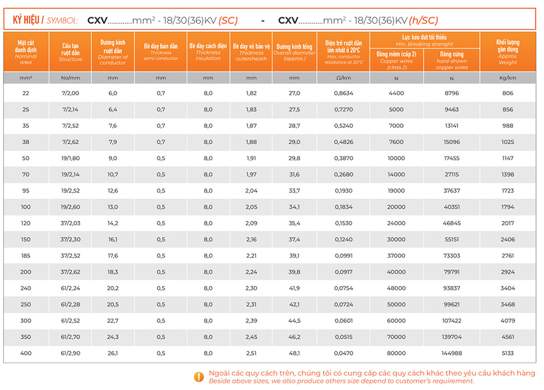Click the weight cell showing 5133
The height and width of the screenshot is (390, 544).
coord(507,354)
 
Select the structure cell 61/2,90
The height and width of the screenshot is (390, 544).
coord(71,354)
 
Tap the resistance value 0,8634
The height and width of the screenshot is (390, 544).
coord(343,93)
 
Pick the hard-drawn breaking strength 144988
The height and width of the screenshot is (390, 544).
coord(452,354)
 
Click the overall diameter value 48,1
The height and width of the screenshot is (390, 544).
coord(294,354)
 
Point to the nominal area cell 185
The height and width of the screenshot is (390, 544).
coord(26,256)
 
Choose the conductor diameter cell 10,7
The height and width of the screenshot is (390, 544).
coord(113,175)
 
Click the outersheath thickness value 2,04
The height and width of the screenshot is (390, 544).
coord(251,191)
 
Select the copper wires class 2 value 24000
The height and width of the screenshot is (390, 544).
coord(396,224)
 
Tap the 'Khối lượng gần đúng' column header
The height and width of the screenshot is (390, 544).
coord(508,52)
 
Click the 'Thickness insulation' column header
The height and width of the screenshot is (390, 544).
coord(208,52)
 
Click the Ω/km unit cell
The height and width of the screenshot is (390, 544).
coord(343,78)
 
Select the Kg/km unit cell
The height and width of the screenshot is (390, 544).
coord(508,78)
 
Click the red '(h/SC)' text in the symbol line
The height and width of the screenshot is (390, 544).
coord(423,20)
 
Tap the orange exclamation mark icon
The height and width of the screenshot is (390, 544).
coord(199,376)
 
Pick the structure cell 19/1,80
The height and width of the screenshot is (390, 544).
coord(71,158)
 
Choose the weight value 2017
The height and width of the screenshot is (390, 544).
coord(507,224)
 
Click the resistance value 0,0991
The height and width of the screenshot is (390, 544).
coord(343,256)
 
